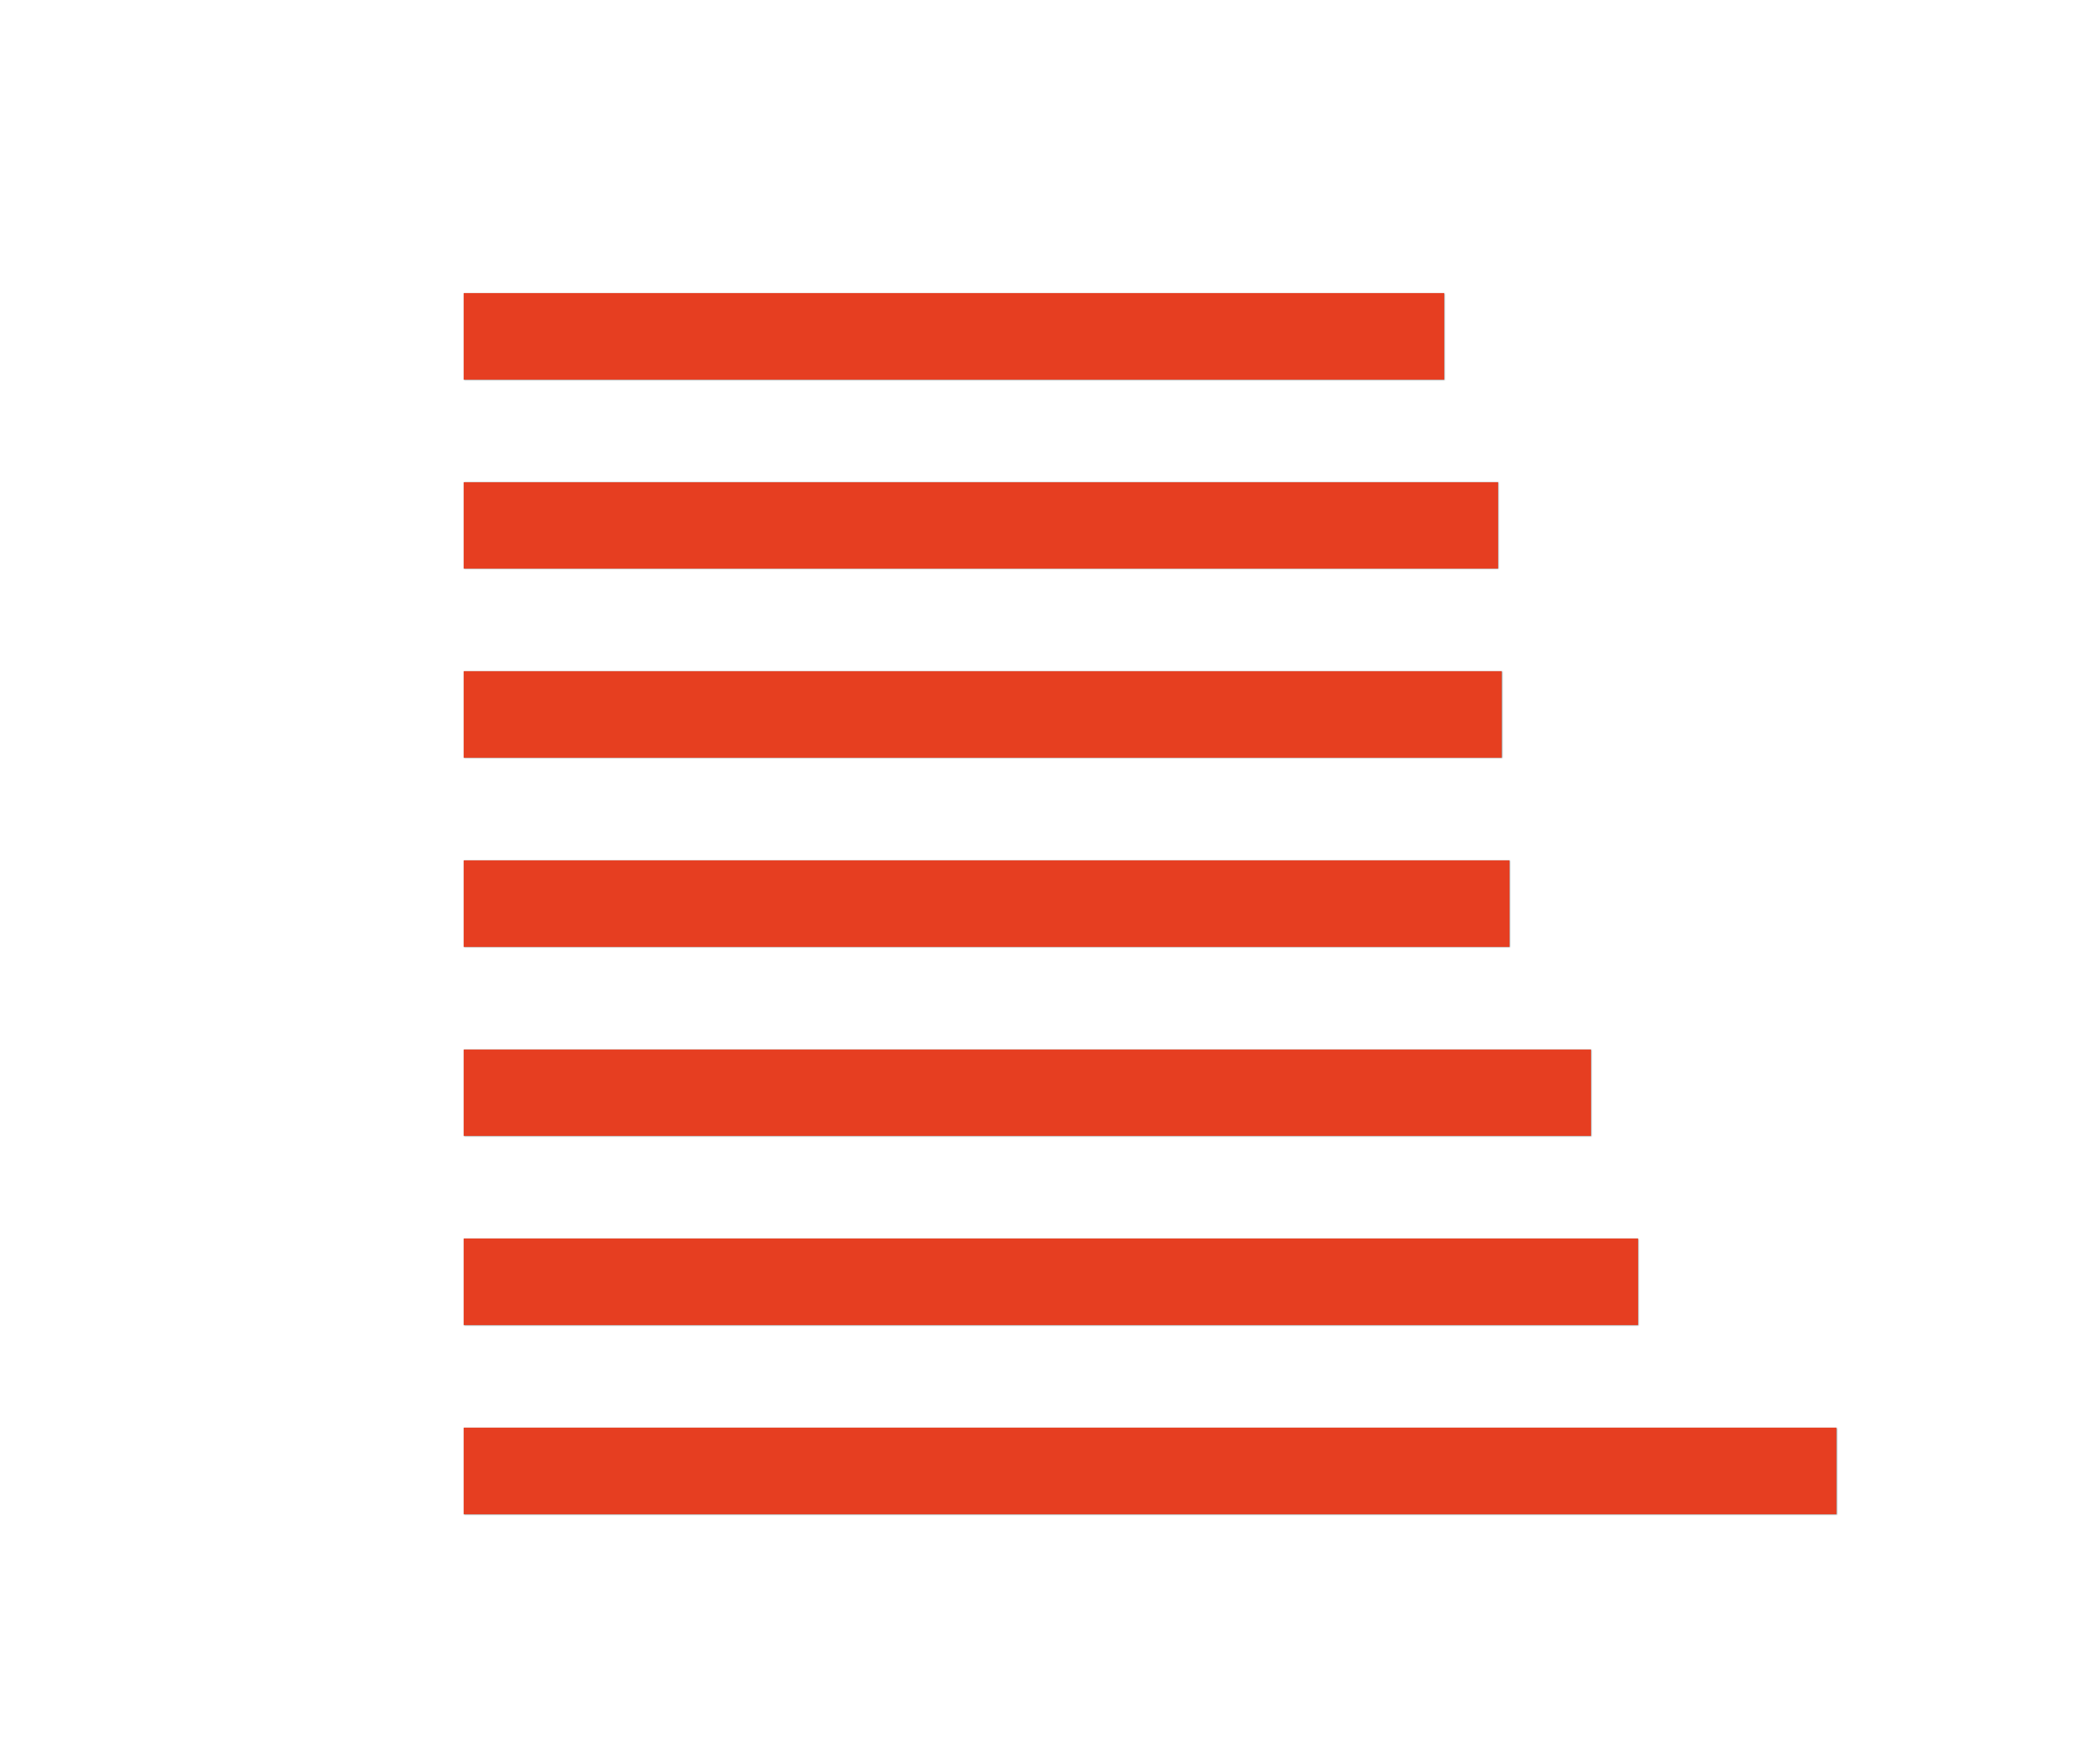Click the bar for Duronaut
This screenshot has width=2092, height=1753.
(952, 337)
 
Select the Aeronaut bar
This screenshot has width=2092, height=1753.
(1148, 1471)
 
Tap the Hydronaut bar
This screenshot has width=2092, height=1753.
(1026, 1093)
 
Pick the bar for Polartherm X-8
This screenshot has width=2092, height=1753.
(1050, 1282)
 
